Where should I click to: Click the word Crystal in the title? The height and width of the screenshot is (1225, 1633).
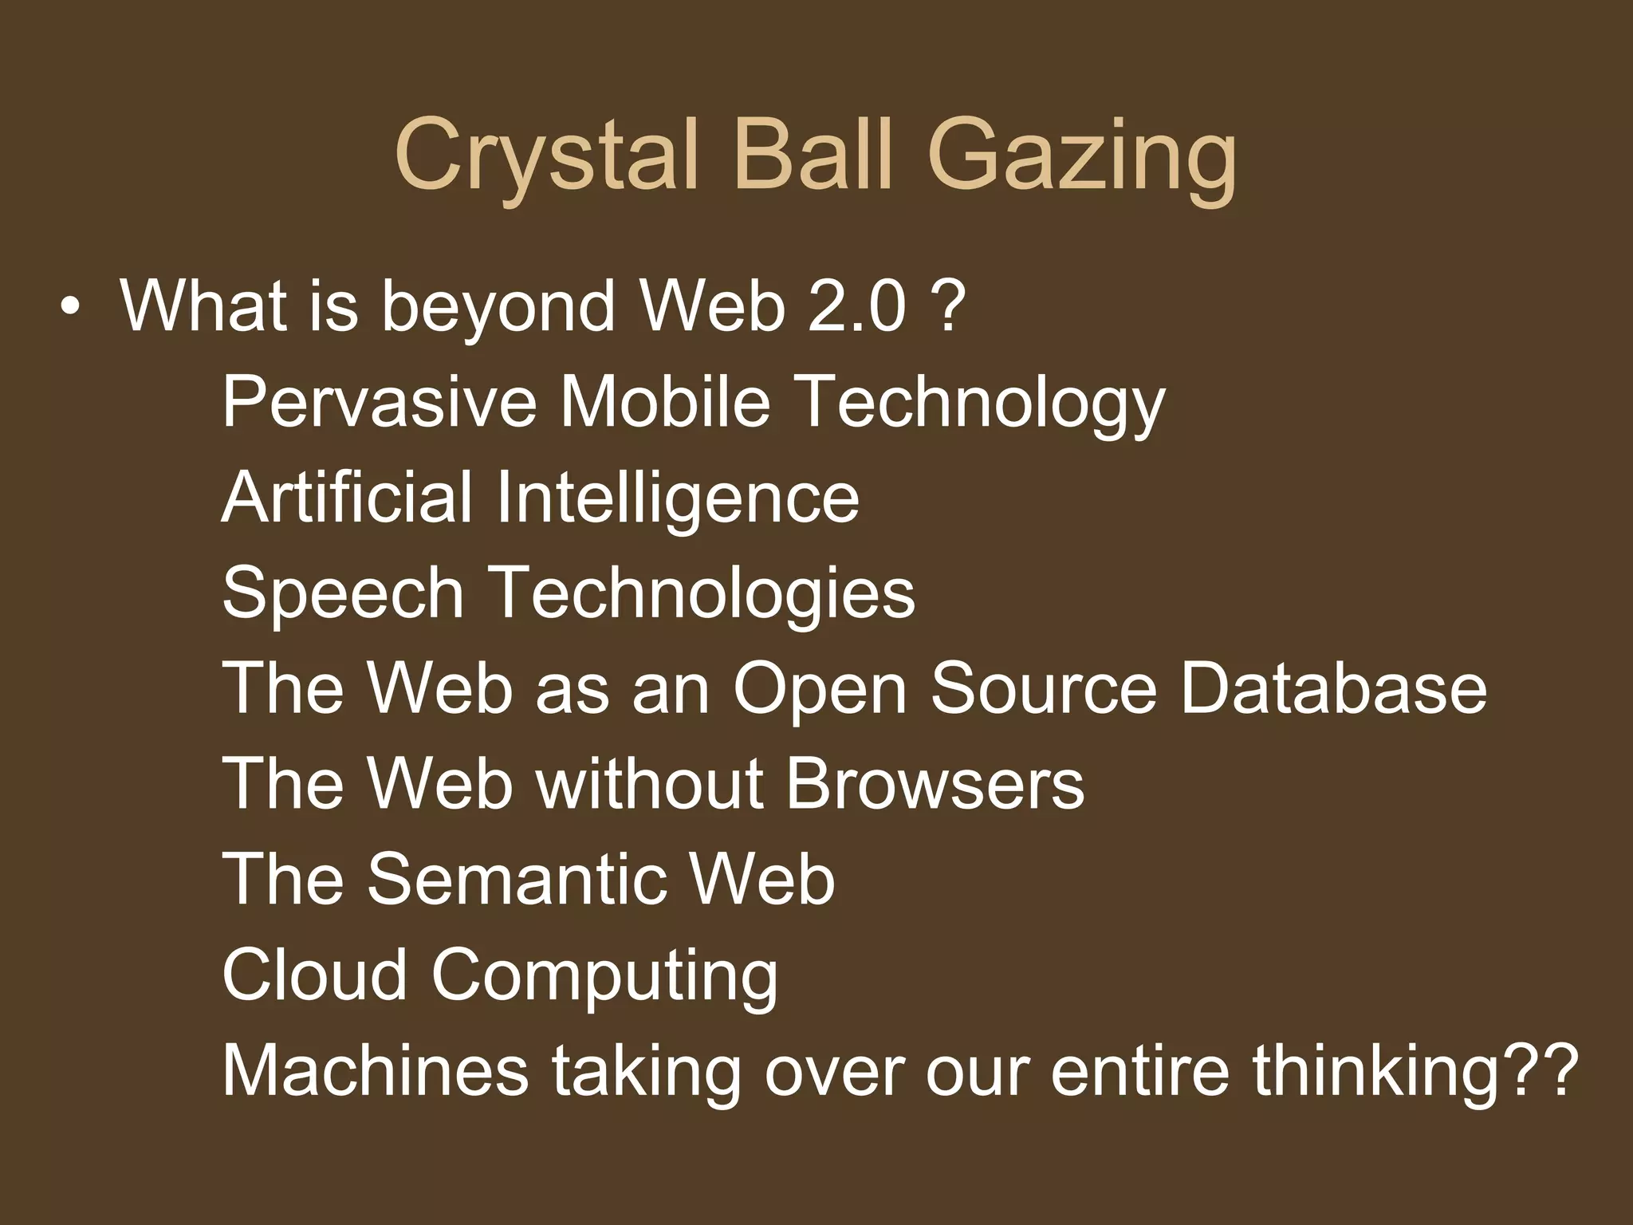547,156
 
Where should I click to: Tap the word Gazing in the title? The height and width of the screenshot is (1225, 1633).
1082,156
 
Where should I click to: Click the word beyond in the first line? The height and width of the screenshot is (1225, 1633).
498,309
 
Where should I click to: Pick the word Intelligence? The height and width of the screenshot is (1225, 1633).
677,499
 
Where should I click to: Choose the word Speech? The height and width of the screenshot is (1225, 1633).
343,594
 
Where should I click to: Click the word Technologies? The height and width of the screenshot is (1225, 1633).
702,594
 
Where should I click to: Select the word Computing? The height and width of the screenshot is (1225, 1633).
604,978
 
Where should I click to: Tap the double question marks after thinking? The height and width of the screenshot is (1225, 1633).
1542,1069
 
